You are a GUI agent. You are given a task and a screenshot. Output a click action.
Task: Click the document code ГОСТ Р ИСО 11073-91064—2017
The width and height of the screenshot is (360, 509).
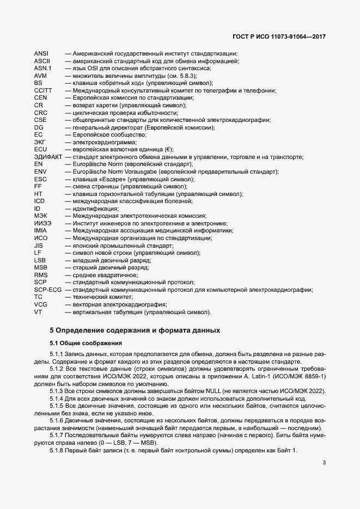pos(279,38)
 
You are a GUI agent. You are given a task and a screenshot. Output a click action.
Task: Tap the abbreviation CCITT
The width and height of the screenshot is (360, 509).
pos(43,90)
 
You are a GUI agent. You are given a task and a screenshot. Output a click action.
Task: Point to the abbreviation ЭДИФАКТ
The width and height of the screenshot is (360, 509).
pos(47,157)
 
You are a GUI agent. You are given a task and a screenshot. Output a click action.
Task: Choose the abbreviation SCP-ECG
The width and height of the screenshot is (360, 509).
pos(48,290)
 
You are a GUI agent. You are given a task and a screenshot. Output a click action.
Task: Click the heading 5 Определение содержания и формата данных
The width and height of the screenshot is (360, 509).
pos(135,330)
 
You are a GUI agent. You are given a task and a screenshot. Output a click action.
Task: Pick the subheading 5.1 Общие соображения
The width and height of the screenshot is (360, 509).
pos(86,343)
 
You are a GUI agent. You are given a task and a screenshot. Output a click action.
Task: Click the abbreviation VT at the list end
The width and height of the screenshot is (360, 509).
pos(38,312)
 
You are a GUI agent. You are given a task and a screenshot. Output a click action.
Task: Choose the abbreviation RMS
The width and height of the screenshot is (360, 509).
pos(41,275)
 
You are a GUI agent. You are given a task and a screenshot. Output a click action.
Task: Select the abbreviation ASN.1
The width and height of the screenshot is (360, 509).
pos(42,68)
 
